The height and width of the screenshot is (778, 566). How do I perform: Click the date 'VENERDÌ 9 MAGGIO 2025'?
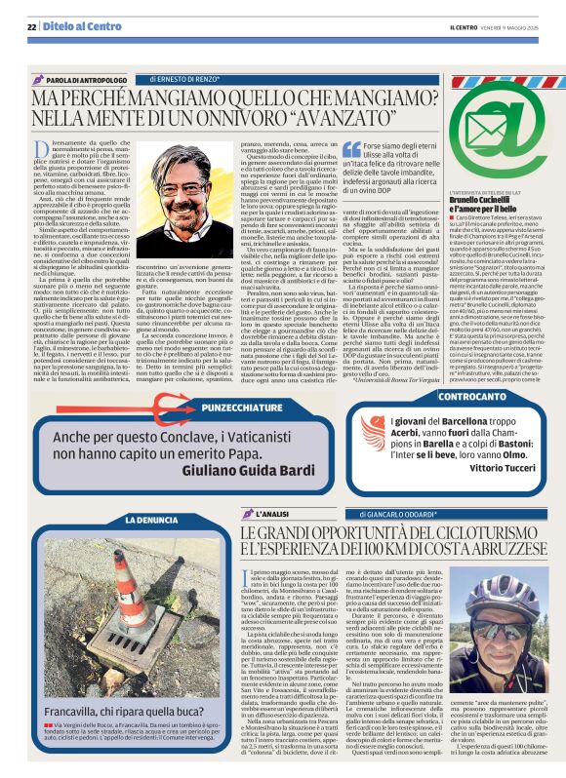502,27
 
